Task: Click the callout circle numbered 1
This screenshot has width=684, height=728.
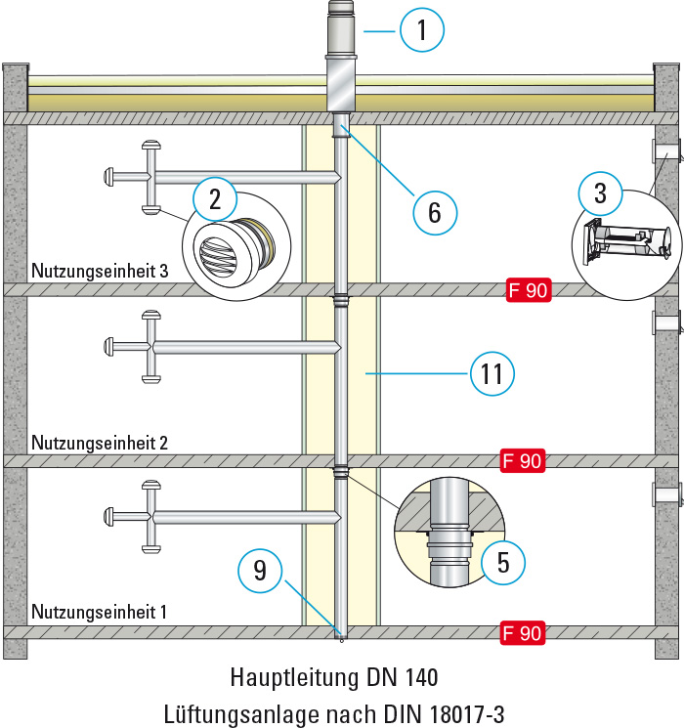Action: [422, 31]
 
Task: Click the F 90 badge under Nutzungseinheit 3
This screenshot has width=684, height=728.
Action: [529, 289]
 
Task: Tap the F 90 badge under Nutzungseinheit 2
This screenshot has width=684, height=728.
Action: [521, 461]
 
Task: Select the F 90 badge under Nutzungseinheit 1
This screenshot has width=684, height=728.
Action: [521, 633]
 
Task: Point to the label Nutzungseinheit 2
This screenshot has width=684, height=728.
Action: [100, 443]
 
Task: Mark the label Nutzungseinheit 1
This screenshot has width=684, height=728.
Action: [100, 613]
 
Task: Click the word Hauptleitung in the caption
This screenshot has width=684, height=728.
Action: [288, 675]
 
